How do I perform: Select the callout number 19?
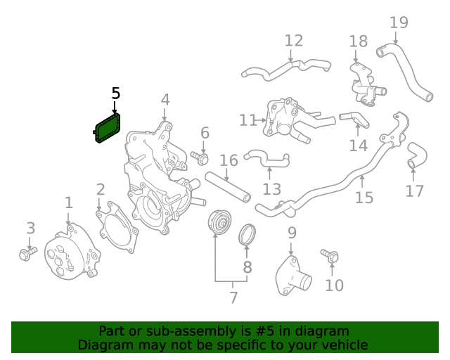coord(399,22)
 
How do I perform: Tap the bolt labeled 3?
coord(27,252)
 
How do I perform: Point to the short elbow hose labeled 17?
coord(415,156)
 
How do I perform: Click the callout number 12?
coord(293,40)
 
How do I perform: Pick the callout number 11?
coord(247,121)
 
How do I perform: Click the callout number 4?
coord(165,100)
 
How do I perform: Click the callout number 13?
coord(271,189)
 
